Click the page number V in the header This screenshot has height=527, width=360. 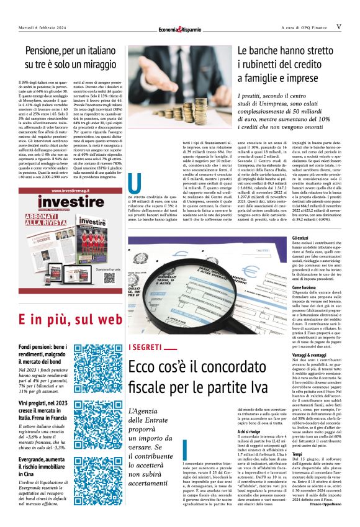[339, 27]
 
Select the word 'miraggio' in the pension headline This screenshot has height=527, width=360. [102, 63]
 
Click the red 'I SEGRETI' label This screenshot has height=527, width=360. [145, 346]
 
